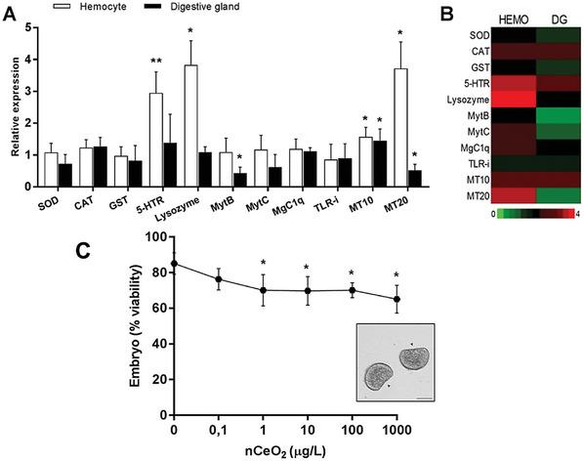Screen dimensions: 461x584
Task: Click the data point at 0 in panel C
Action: pos(174,263)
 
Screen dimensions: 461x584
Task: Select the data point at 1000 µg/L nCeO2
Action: pos(396,299)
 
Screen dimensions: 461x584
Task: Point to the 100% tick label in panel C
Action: pos(151,236)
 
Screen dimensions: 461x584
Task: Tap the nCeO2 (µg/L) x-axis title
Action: pos(285,449)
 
